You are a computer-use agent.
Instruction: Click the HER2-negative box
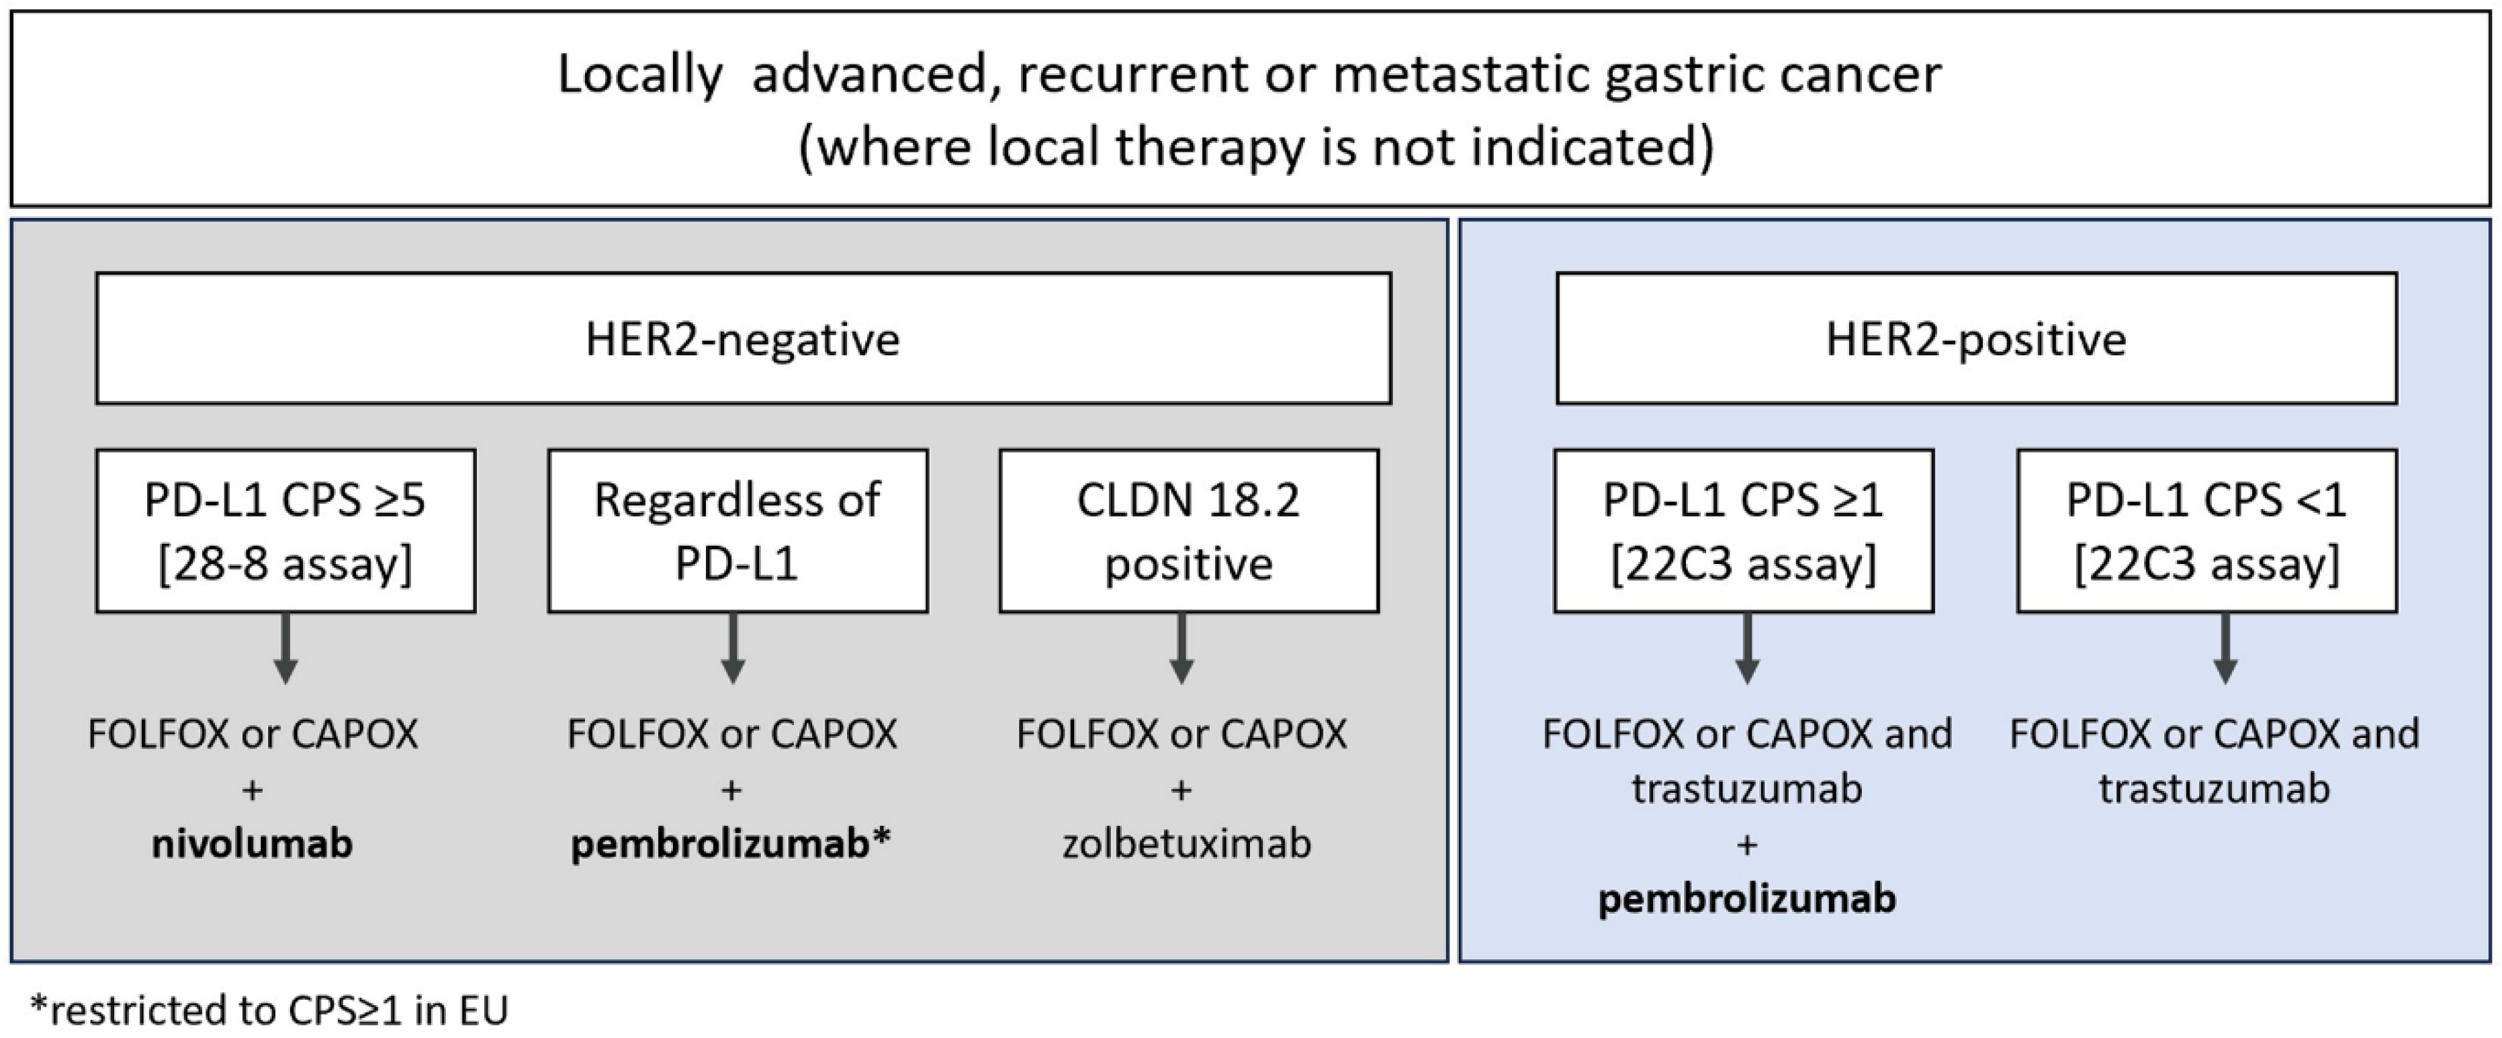(743, 338)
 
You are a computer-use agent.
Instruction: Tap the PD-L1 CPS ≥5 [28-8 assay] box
(285, 530)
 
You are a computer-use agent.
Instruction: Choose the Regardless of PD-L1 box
(738, 530)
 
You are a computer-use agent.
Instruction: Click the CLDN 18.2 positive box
(1189, 530)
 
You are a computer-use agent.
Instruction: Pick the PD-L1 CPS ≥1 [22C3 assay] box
(1744, 530)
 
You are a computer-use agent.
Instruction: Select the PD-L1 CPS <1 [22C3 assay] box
(2206, 530)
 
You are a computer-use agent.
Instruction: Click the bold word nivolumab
(253, 843)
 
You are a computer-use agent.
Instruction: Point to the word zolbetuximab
(1186, 843)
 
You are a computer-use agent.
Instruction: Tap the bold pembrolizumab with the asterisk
(729, 843)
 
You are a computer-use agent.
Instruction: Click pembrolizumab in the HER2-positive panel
(1746, 898)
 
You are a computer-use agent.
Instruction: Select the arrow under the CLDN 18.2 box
(1181, 649)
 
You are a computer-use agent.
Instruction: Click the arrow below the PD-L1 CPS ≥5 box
(285, 649)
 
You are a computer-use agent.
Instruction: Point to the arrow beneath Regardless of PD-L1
(733, 649)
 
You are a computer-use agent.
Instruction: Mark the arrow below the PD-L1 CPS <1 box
(2225, 649)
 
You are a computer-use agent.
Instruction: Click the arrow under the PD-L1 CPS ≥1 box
(1746, 649)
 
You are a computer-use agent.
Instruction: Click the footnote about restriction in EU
(270, 1010)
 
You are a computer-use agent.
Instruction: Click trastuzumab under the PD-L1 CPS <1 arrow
(2214, 788)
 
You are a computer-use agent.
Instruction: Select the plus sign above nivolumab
(253, 790)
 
